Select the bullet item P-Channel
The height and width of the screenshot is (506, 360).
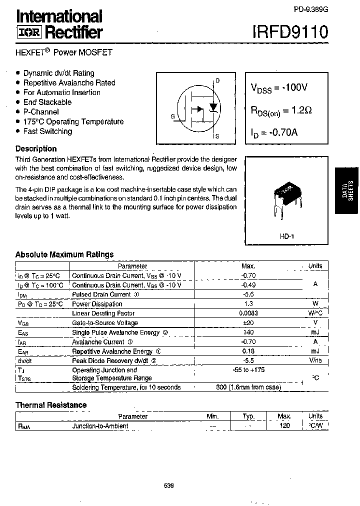pos(40,112)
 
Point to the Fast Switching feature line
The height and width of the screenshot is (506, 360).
pos(47,131)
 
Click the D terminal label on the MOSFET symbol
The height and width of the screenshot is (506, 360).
pos(217,80)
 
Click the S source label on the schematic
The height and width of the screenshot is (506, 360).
pos(217,136)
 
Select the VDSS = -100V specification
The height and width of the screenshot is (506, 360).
pos(278,88)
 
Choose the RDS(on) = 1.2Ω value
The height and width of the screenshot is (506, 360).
pos(282,110)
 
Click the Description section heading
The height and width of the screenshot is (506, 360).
pos(36,148)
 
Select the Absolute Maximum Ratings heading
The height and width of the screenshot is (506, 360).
pos(64,254)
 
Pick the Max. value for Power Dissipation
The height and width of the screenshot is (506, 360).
pos(248,304)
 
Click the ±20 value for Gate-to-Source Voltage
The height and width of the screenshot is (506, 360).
pos(248,323)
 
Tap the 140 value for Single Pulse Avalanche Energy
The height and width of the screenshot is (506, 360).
pos(248,332)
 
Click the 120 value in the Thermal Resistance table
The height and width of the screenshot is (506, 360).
pos(284,426)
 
